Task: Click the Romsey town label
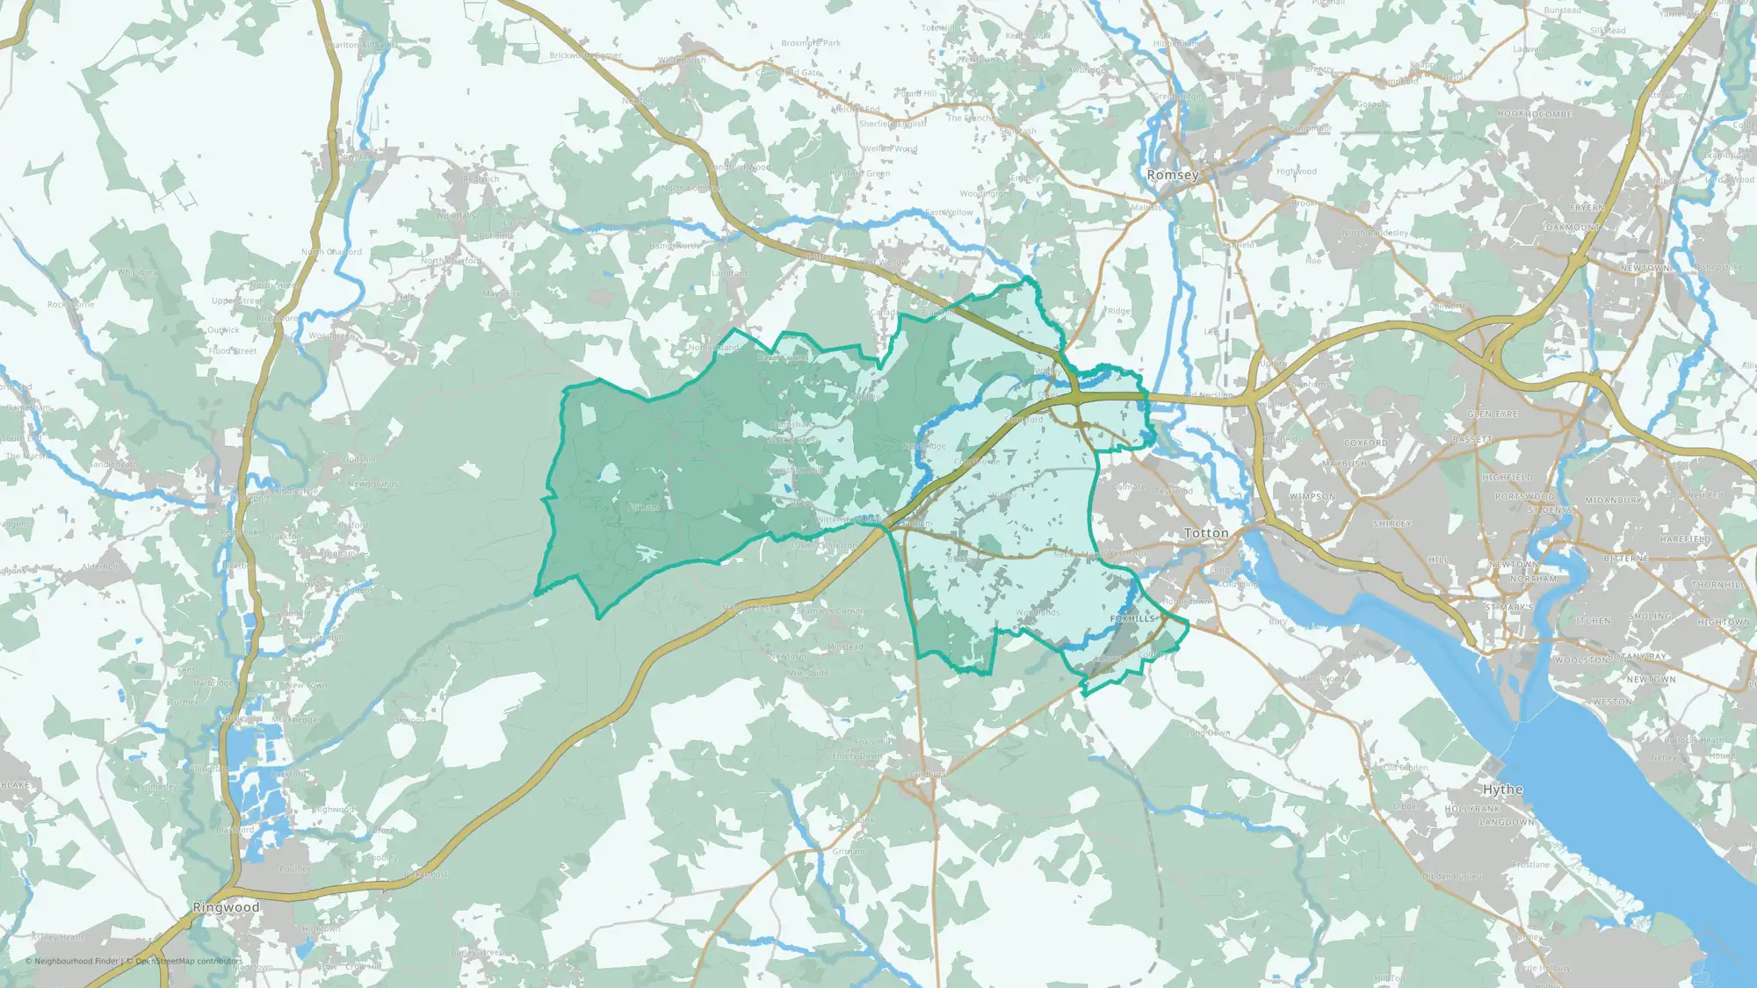pyautogui.click(x=1173, y=175)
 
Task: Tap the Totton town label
pyautogui.click(x=1206, y=533)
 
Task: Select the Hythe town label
pyautogui.click(x=1502, y=790)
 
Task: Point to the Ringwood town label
pyautogui.click(x=226, y=907)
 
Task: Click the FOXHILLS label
pyautogui.click(x=1132, y=619)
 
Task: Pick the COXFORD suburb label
pyautogui.click(x=1365, y=444)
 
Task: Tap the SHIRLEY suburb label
pyautogui.click(x=1392, y=524)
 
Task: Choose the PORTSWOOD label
pyautogui.click(x=1525, y=497)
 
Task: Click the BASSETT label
pyautogui.click(x=1472, y=439)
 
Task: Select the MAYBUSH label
pyautogui.click(x=1344, y=464)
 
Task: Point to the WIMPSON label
pyautogui.click(x=1312, y=497)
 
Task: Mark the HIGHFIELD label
pyautogui.click(x=1508, y=478)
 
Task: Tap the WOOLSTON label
pyautogui.click(x=1580, y=660)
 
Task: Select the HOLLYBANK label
pyautogui.click(x=1473, y=809)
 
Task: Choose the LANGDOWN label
pyautogui.click(x=1507, y=823)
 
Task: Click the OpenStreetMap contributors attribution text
pyautogui.click(x=188, y=961)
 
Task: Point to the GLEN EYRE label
pyautogui.click(x=1493, y=414)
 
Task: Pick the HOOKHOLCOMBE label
pyautogui.click(x=1535, y=114)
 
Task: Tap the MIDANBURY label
pyautogui.click(x=1614, y=501)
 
